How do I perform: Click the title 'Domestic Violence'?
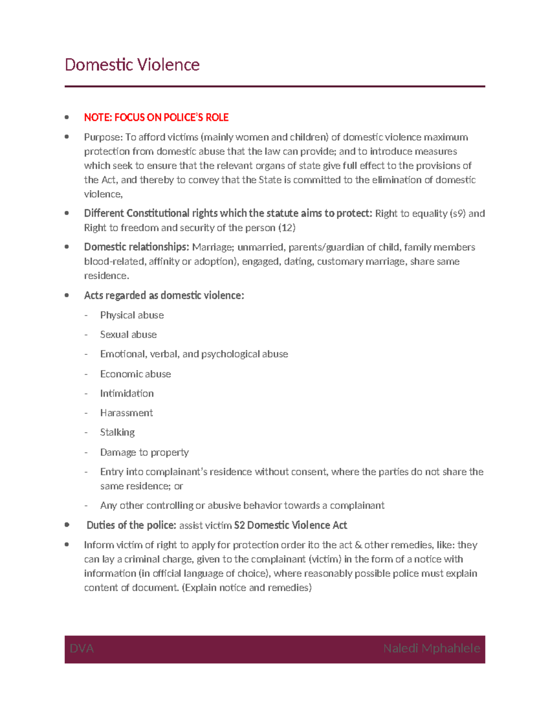coord(132,65)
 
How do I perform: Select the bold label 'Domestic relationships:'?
coord(137,247)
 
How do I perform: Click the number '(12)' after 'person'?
coord(287,228)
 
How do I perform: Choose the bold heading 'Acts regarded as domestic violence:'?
coord(164,296)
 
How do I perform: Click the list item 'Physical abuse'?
coord(132,315)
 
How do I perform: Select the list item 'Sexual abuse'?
coord(128,335)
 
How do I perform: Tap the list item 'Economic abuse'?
coord(136,374)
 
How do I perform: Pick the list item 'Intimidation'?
coord(127,393)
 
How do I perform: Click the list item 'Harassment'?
coord(126,413)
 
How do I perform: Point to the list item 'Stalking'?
coord(117,432)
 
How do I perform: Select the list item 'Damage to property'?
coord(144,453)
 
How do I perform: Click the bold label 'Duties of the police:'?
coord(132,525)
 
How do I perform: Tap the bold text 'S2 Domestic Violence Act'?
coord(291,525)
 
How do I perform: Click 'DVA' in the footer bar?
coord(82,649)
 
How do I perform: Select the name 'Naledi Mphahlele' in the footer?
coord(431,649)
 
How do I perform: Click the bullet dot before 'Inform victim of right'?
coord(67,545)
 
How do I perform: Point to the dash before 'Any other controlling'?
coord(86,506)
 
